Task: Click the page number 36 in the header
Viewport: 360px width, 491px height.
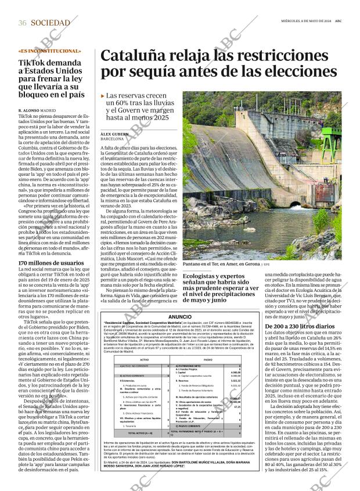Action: coord(22,23)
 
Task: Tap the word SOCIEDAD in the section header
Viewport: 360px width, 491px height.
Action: coord(51,23)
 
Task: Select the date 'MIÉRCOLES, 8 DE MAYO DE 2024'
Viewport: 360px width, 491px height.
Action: coord(301,21)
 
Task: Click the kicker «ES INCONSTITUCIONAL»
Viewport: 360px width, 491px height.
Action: coord(50,51)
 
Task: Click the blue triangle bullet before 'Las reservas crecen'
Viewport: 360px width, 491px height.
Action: coord(103,95)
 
